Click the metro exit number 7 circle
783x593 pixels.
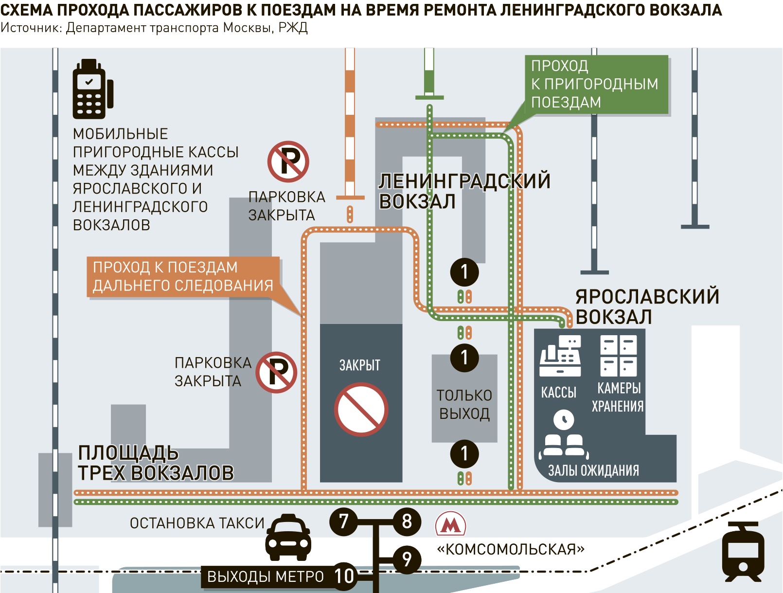pyautogui.click(x=343, y=521)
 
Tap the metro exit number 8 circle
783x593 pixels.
pyautogui.click(x=407, y=521)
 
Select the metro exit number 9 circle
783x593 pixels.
pyautogui.click(x=407, y=559)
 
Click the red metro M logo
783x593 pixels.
pyautogui.click(x=450, y=524)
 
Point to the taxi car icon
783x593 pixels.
pyautogui.click(x=288, y=538)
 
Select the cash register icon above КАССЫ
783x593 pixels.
pyautogui.click(x=560, y=356)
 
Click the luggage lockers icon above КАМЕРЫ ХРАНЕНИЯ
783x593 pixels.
pyautogui.click(x=619, y=356)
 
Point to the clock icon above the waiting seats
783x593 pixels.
pyautogui.click(x=564, y=419)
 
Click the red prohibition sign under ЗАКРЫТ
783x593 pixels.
pyautogui.click(x=361, y=409)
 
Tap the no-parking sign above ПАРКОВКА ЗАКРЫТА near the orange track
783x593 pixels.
pyautogui.click(x=288, y=162)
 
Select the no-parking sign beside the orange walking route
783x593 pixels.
pyautogui.click(x=276, y=373)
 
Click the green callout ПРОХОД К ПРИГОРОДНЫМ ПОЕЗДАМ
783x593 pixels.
pyautogui.click(x=596, y=85)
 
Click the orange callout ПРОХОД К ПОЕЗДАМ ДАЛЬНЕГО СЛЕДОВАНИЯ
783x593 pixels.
pyautogui.click(x=183, y=277)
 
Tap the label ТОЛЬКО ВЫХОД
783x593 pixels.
pyautogui.click(x=464, y=405)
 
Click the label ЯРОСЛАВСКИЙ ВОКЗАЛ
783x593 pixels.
pyautogui.click(x=647, y=306)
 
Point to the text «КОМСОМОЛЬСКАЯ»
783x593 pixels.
pyautogui.click(x=511, y=550)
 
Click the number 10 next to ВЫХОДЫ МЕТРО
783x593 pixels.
pyautogui.click(x=344, y=576)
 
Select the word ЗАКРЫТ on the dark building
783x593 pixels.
pyautogui.click(x=359, y=365)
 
